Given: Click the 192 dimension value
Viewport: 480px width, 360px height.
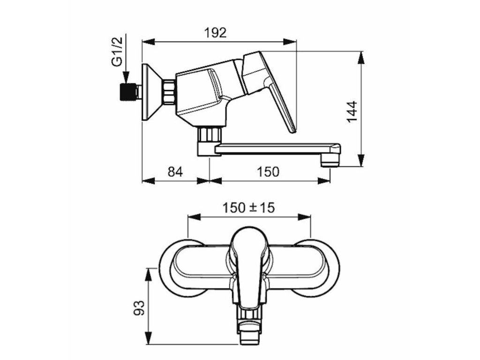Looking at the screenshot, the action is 216,32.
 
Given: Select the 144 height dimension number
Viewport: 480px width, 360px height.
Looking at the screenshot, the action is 352,112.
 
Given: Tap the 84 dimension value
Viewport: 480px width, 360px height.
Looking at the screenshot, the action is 175,172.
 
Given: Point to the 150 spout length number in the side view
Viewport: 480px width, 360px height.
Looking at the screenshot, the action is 268,172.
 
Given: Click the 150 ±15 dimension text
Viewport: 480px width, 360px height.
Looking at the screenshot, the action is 248,208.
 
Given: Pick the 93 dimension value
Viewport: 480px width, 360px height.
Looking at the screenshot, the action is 139,307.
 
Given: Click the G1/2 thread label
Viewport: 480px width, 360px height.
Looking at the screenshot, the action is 117,51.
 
